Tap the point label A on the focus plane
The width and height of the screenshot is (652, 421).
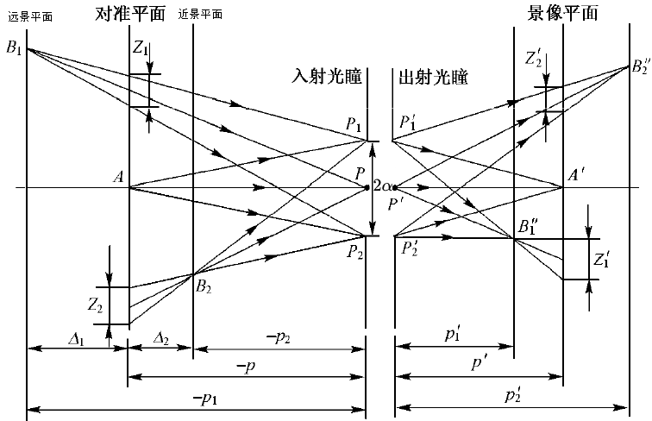118,178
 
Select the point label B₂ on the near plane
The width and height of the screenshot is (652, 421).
204,286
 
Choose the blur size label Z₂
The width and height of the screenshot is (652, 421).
97,305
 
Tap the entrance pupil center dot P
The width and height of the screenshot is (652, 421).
368,187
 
